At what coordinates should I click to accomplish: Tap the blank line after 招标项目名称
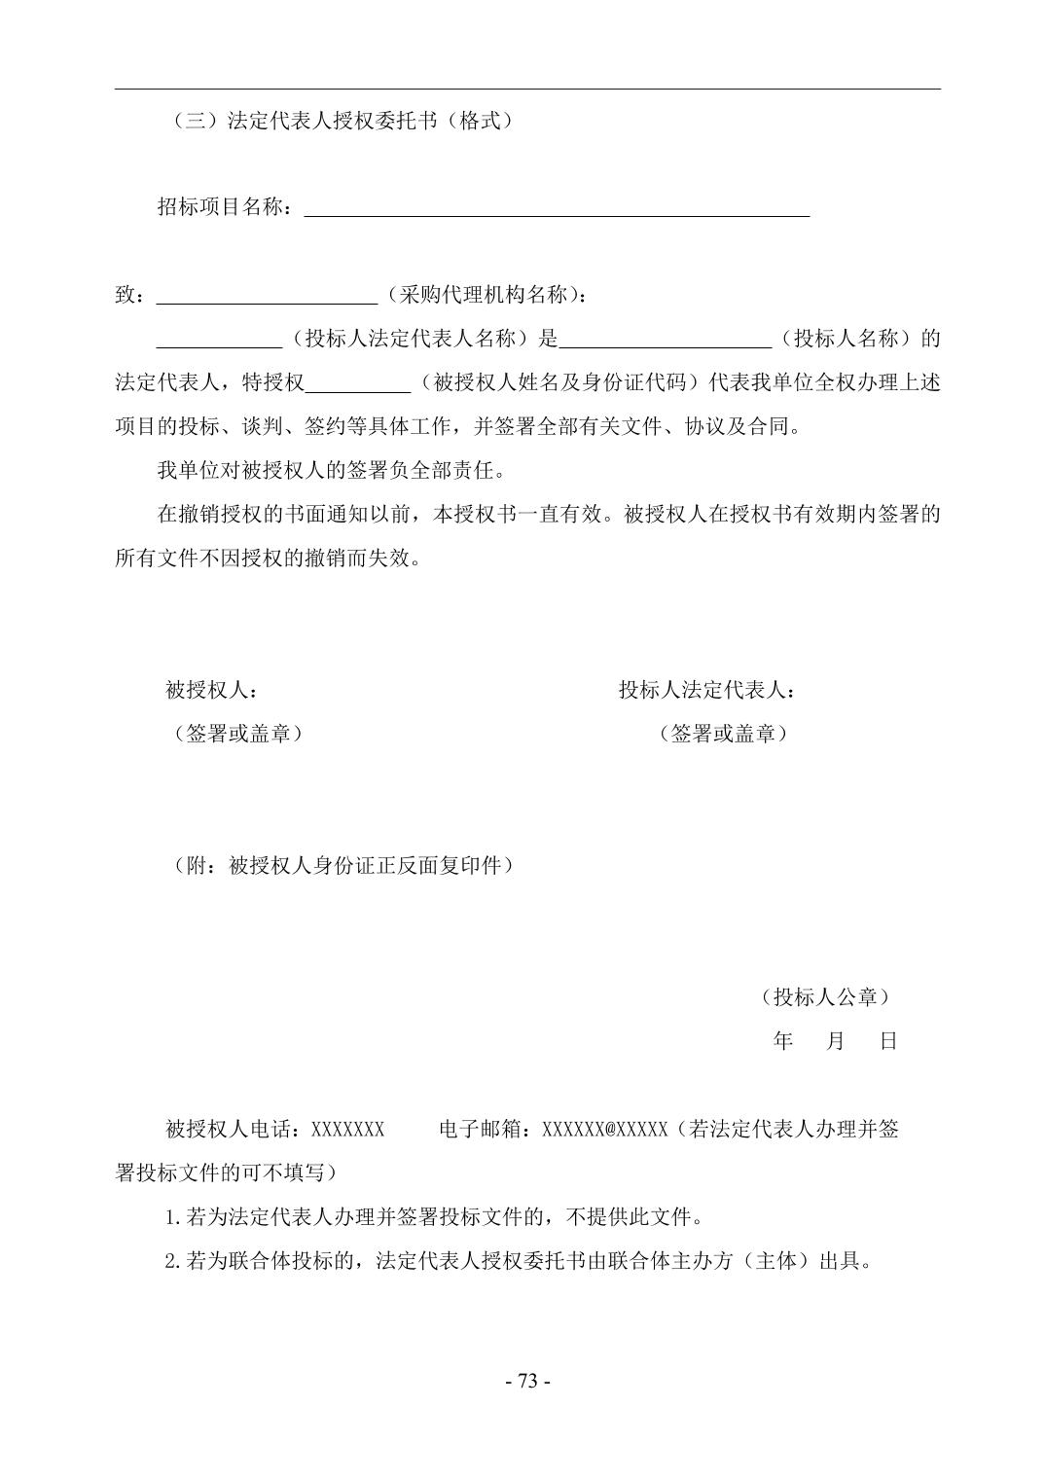[x=557, y=208]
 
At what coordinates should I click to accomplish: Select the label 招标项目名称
[x=223, y=207]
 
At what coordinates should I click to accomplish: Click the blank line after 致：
[x=267, y=296]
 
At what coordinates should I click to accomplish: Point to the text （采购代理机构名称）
[x=486, y=295]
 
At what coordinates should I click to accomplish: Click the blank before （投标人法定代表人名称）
[x=219, y=340]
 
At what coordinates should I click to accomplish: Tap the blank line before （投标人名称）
[x=666, y=340]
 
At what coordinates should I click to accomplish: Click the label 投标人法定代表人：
[x=707, y=691]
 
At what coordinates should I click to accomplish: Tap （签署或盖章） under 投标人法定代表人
[x=723, y=734]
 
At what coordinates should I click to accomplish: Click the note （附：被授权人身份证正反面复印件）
[x=342, y=865]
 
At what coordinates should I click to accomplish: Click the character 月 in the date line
[x=835, y=1041]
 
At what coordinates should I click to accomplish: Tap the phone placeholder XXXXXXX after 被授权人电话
[x=347, y=1130]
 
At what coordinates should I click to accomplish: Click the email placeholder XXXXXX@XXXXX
[x=604, y=1130]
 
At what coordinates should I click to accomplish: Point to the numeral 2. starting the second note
[x=173, y=1262]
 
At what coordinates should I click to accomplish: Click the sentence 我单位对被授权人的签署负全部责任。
[x=331, y=471]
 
